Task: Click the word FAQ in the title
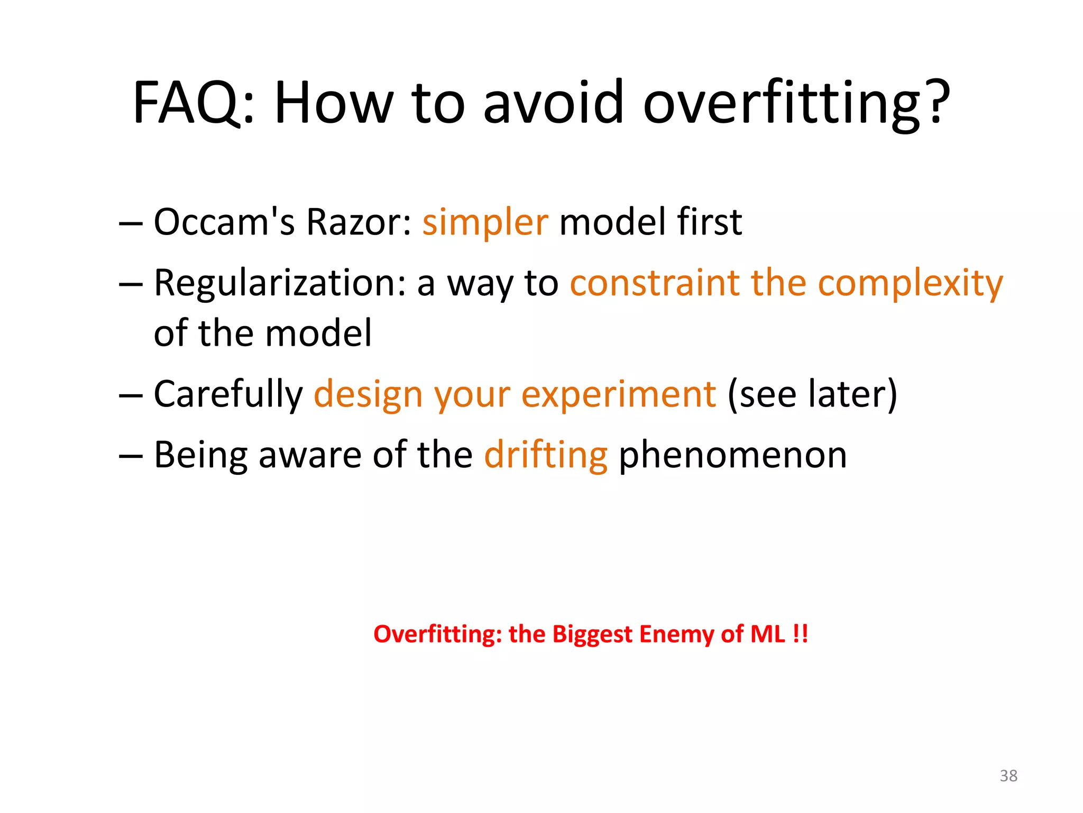click(x=193, y=103)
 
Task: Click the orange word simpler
click(x=485, y=222)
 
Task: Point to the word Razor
click(x=358, y=222)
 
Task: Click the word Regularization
click(x=280, y=284)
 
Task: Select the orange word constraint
click(x=654, y=283)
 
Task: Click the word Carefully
click(x=228, y=395)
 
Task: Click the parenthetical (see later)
click(x=812, y=395)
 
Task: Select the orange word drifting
click(x=546, y=456)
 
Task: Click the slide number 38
click(x=1008, y=776)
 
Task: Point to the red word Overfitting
click(x=437, y=634)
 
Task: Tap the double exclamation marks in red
click(x=801, y=634)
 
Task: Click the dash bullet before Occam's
click(x=131, y=223)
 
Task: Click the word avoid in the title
click(x=554, y=103)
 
